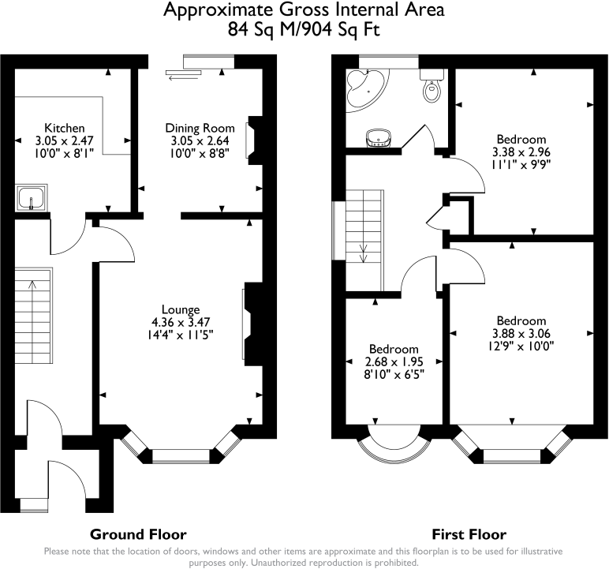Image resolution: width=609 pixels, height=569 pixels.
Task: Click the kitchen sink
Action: click(32, 198)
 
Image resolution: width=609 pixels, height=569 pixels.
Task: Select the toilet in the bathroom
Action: click(432, 85)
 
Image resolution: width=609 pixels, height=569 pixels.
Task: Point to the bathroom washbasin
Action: click(378, 138)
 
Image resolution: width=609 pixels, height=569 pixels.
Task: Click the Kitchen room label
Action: click(65, 128)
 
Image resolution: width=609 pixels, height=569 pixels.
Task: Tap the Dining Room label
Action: click(200, 128)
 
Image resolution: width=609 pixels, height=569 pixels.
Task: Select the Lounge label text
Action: click(181, 309)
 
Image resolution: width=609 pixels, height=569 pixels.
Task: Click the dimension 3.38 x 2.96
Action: click(521, 152)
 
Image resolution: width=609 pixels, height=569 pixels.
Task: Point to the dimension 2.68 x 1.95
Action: click(394, 362)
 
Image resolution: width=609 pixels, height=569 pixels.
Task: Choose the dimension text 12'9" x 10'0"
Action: click(521, 346)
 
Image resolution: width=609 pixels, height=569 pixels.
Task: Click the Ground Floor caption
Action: click(138, 534)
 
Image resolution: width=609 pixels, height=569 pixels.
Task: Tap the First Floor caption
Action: click(469, 534)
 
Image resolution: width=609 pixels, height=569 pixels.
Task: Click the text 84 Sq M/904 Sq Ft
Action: click(304, 29)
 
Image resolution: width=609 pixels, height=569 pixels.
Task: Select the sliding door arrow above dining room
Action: click(183, 78)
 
